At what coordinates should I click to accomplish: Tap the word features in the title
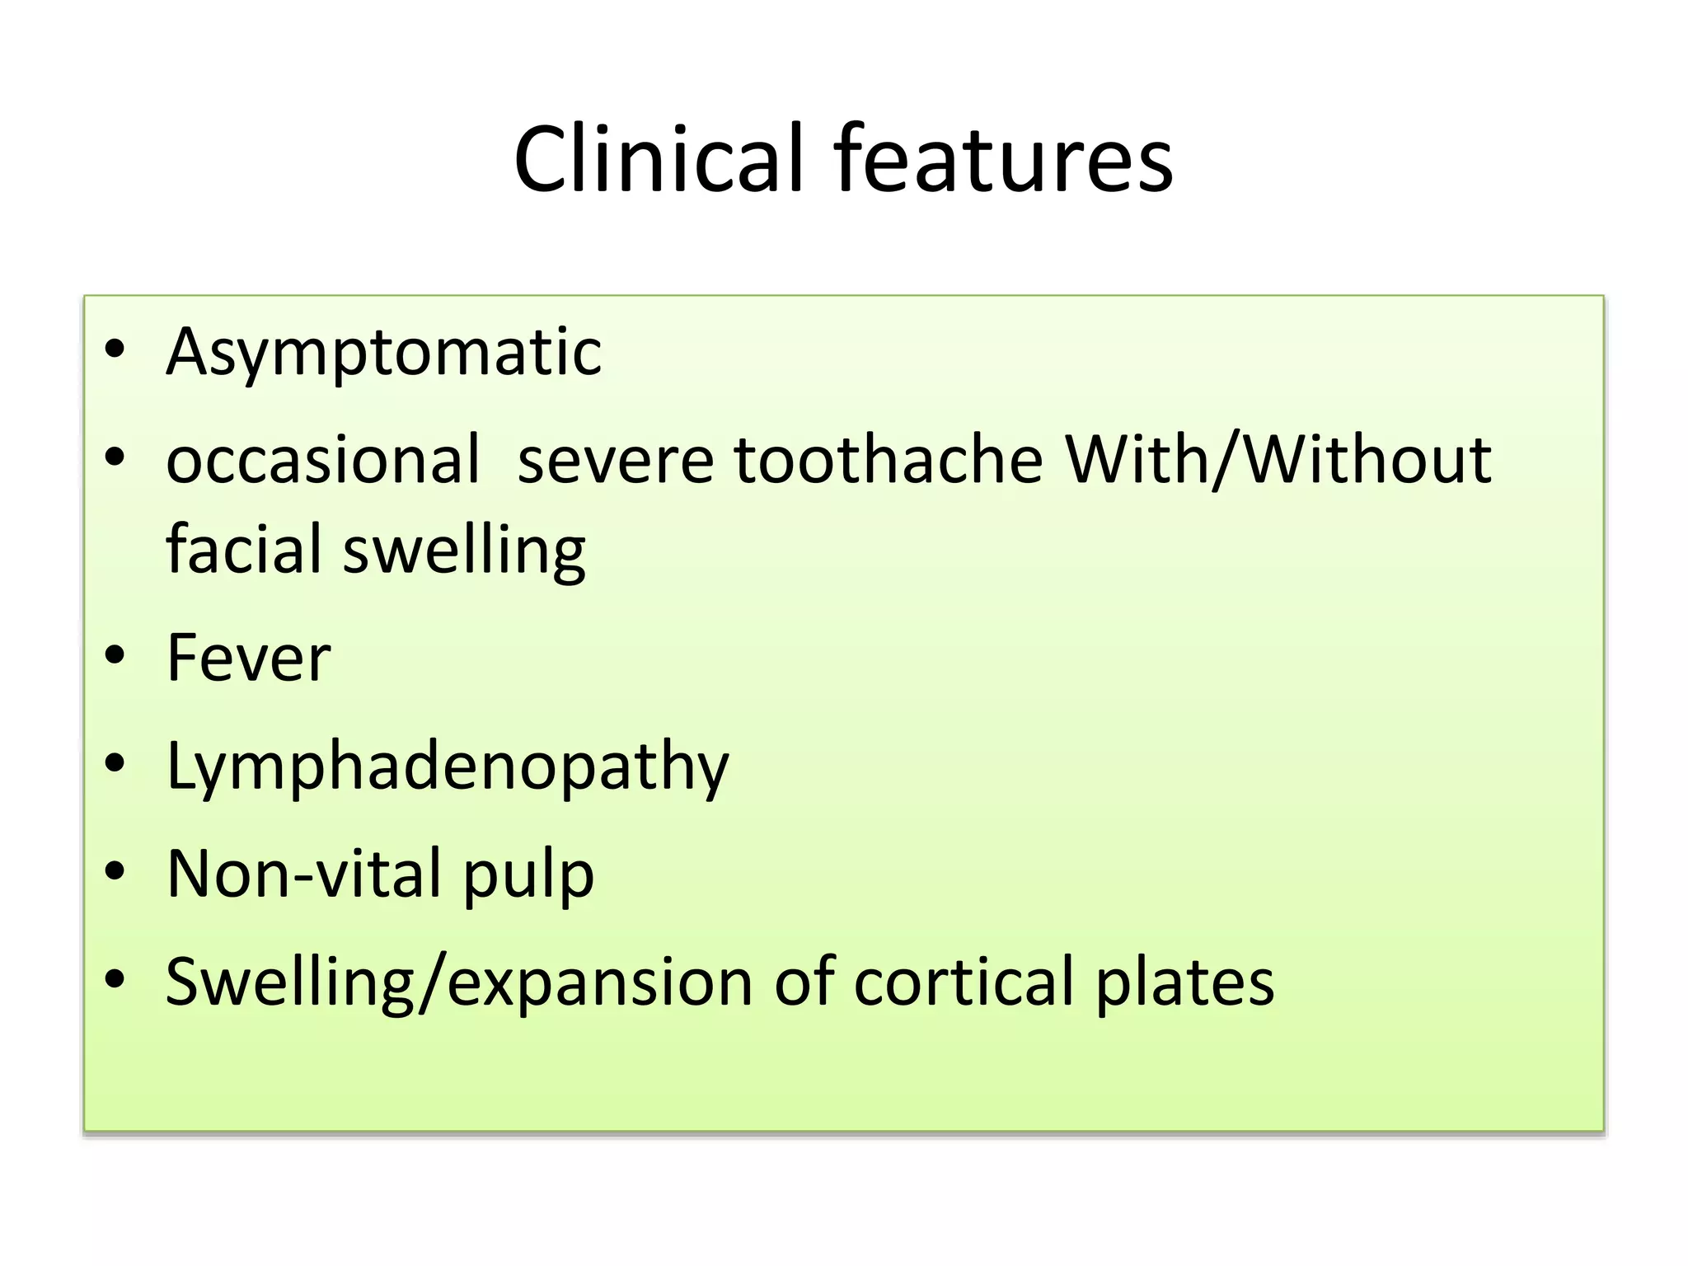click(1003, 158)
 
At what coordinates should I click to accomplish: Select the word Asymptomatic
click(384, 353)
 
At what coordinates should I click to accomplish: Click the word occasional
click(323, 459)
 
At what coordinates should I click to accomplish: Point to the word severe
click(615, 459)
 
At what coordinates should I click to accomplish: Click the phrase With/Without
click(1278, 459)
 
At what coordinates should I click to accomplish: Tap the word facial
click(244, 549)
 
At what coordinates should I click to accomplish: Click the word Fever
click(248, 658)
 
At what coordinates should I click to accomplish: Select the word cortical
click(965, 981)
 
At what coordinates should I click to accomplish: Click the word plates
click(1184, 982)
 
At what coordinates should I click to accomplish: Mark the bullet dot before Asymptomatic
click(115, 349)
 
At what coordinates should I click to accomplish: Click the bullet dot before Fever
click(115, 655)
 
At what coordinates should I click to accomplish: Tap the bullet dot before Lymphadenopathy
click(115, 763)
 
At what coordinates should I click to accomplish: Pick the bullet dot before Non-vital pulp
click(115, 870)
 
